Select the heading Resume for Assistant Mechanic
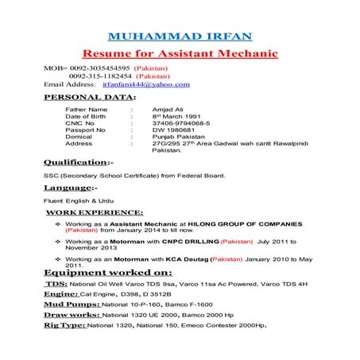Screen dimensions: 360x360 click(180, 53)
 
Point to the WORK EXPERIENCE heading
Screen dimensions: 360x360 click(95, 213)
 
